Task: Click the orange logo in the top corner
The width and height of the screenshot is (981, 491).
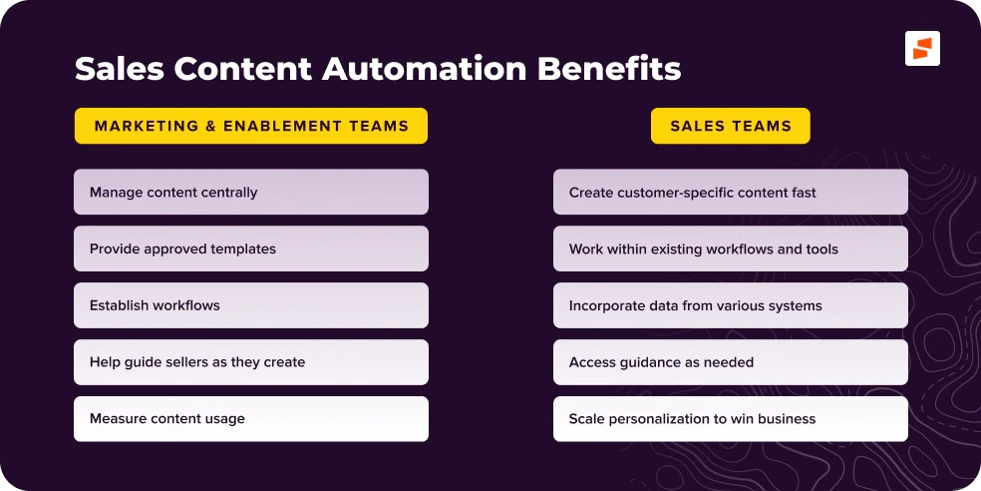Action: coord(922,48)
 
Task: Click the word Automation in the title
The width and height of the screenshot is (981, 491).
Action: coord(425,69)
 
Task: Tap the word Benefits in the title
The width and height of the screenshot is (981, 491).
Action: coord(609,69)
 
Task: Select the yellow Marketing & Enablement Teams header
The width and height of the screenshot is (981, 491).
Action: coord(251,126)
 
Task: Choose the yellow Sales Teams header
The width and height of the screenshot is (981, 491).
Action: coord(731,126)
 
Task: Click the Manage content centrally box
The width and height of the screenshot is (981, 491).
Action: coord(251,192)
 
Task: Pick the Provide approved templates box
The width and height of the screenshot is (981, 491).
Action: coord(251,248)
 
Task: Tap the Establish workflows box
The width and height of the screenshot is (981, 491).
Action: coord(251,305)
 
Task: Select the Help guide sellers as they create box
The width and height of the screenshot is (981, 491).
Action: coord(251,362)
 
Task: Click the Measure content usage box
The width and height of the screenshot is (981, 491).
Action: coord(251,419)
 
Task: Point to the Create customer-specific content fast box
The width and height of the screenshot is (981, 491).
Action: coord(731,192)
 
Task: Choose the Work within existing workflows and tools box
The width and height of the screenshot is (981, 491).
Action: coord(731,248)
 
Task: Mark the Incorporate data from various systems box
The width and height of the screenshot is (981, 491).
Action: coord(731,305)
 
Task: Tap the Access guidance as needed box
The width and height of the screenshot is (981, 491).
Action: coord(731,362)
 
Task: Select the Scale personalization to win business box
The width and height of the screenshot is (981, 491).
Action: coord(731,419)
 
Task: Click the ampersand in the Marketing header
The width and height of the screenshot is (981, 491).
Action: coord(207,126)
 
